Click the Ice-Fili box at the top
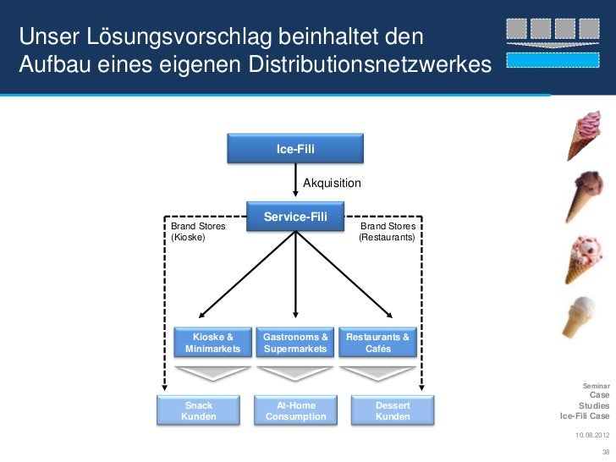[295, 149]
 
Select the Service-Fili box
[295, 217]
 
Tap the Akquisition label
[332, 183]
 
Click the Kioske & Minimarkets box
[212, 343]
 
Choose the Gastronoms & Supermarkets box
[295, 343]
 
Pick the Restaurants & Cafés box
[378, 343]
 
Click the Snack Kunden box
[199, 410]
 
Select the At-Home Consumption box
[295, 410]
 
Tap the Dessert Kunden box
[393, 410]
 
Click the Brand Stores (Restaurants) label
[388, 233]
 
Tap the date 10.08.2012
[591, 435]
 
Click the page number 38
[603, 452]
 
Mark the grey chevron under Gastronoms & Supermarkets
[295, 373]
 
